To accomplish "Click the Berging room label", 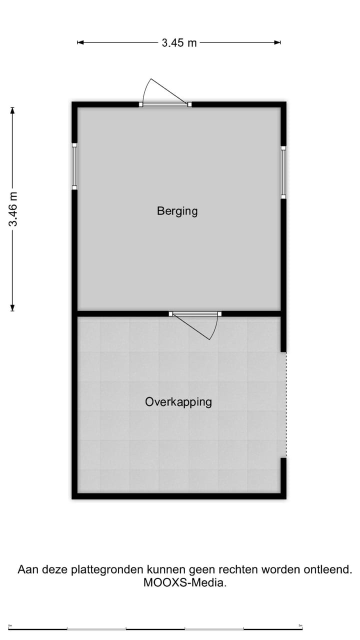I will click(x=177, y=211).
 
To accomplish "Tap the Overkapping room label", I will click(x=178, y=401).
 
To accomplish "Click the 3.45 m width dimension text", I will click(x=179, y=43).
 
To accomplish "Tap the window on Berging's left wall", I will click(x=74, y=167).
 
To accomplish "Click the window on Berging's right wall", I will click(x=283, y=172).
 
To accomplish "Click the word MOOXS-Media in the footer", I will click(x=184, y=582).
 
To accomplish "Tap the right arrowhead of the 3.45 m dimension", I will click(x=278, y=43).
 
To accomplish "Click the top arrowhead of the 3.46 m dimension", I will click(x=13, y=110).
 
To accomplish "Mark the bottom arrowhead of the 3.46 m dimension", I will click(x=13, y=308).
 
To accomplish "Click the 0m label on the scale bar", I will click(x=10, y=625).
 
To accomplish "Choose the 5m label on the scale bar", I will click(x=300, y=625).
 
